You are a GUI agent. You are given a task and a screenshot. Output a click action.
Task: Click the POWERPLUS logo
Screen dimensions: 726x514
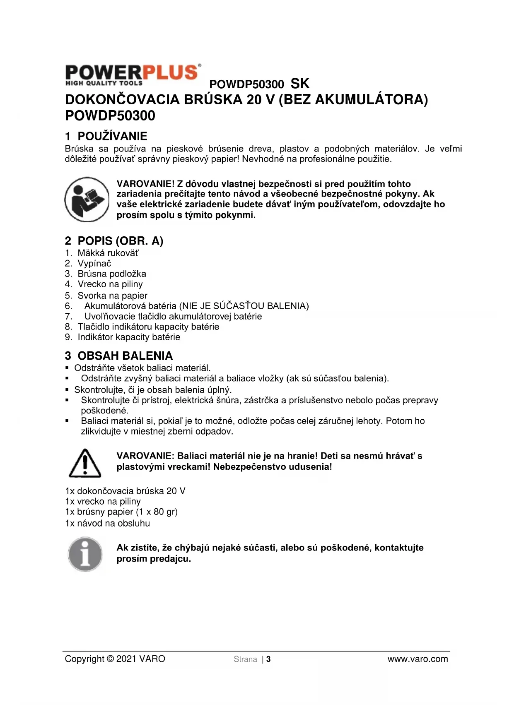click(133, 75)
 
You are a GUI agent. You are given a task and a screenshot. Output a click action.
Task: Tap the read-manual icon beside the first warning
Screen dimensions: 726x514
click(87, 200)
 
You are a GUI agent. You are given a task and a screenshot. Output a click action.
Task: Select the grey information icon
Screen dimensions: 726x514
click(85, 554)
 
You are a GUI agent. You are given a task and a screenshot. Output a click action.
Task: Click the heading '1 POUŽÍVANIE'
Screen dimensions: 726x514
click(106, 136)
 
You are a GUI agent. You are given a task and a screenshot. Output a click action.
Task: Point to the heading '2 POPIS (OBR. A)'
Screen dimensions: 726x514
click(114, 241)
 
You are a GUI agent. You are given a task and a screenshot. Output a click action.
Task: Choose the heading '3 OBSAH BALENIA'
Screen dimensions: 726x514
click(119, 356)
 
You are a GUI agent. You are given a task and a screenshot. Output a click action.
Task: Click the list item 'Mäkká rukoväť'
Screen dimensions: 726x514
click(108, 253)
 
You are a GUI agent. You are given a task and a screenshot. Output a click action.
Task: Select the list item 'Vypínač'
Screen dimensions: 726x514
click(94, 263)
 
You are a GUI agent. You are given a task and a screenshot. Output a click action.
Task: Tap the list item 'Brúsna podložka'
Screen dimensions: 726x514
click(112, 274)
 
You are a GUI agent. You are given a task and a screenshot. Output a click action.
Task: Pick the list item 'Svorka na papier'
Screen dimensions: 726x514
click(112, 296)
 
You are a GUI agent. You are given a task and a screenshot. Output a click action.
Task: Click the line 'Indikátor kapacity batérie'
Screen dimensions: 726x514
click(129, 337)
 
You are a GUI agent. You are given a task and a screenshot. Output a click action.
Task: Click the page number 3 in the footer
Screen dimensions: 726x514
click(268, 659)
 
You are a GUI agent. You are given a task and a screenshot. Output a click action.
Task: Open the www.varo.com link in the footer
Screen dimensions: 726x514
click(417, 659)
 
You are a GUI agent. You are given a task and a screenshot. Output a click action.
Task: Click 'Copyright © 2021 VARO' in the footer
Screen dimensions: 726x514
click(115, 659)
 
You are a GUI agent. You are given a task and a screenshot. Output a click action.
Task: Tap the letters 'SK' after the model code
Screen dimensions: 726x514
click(300, 84)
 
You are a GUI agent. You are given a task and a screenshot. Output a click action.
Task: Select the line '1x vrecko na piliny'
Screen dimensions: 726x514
click(103, 501)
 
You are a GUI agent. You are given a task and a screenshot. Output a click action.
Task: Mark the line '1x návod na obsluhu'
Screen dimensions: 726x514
click(107, 523)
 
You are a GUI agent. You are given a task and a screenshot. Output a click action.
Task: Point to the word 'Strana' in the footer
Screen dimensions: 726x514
click(245, 659)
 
